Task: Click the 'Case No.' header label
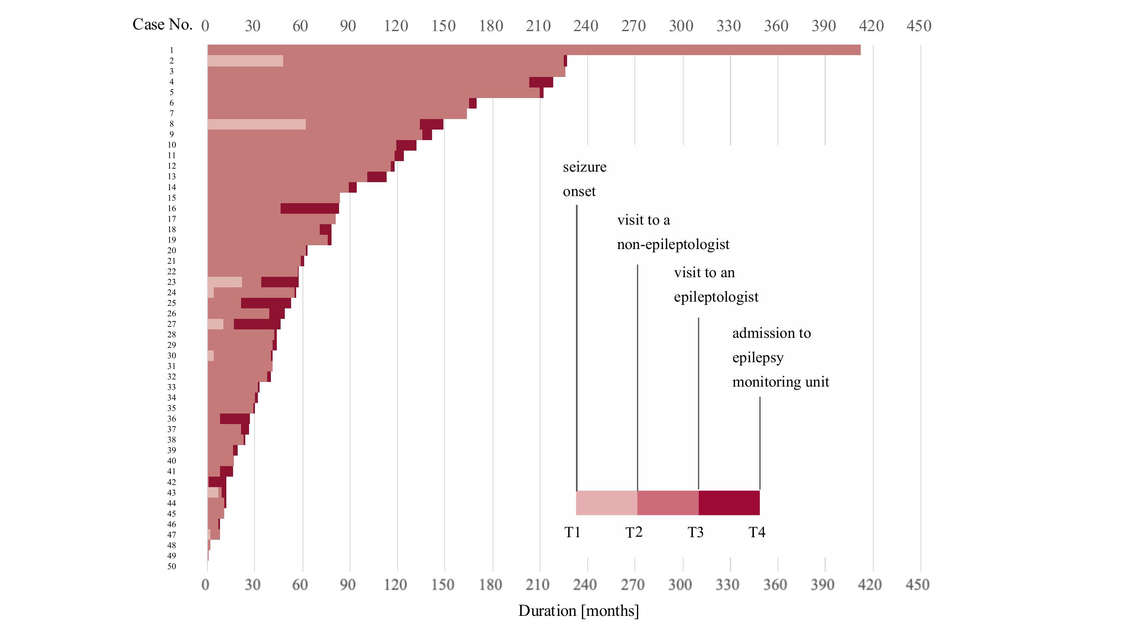[x=162, y=24]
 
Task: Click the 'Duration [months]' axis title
[x=578, y=610]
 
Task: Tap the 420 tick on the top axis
[x=871, y=26]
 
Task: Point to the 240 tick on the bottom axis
[x=584, y=584]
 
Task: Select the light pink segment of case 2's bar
[x=245, y=61]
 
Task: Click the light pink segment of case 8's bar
[x=256, y=124]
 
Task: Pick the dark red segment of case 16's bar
[x=310, y=209]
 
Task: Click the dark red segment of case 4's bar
[x=541, y=82]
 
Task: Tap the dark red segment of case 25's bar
[x=266, y=303]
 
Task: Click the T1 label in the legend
[x=572, y=532]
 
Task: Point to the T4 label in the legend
[x=756, y=532]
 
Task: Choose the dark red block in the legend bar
[x=729, y=503]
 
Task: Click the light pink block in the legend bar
[x=606, y=503]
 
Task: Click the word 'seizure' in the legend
[x=584, y=167]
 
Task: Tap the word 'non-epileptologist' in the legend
[x=673, y=244]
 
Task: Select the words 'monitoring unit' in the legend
[x=780, y=382]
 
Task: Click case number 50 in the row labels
[x=172, y=567]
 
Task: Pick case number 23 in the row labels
[x=172, y=282]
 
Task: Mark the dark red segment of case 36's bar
[x=235, y=419]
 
